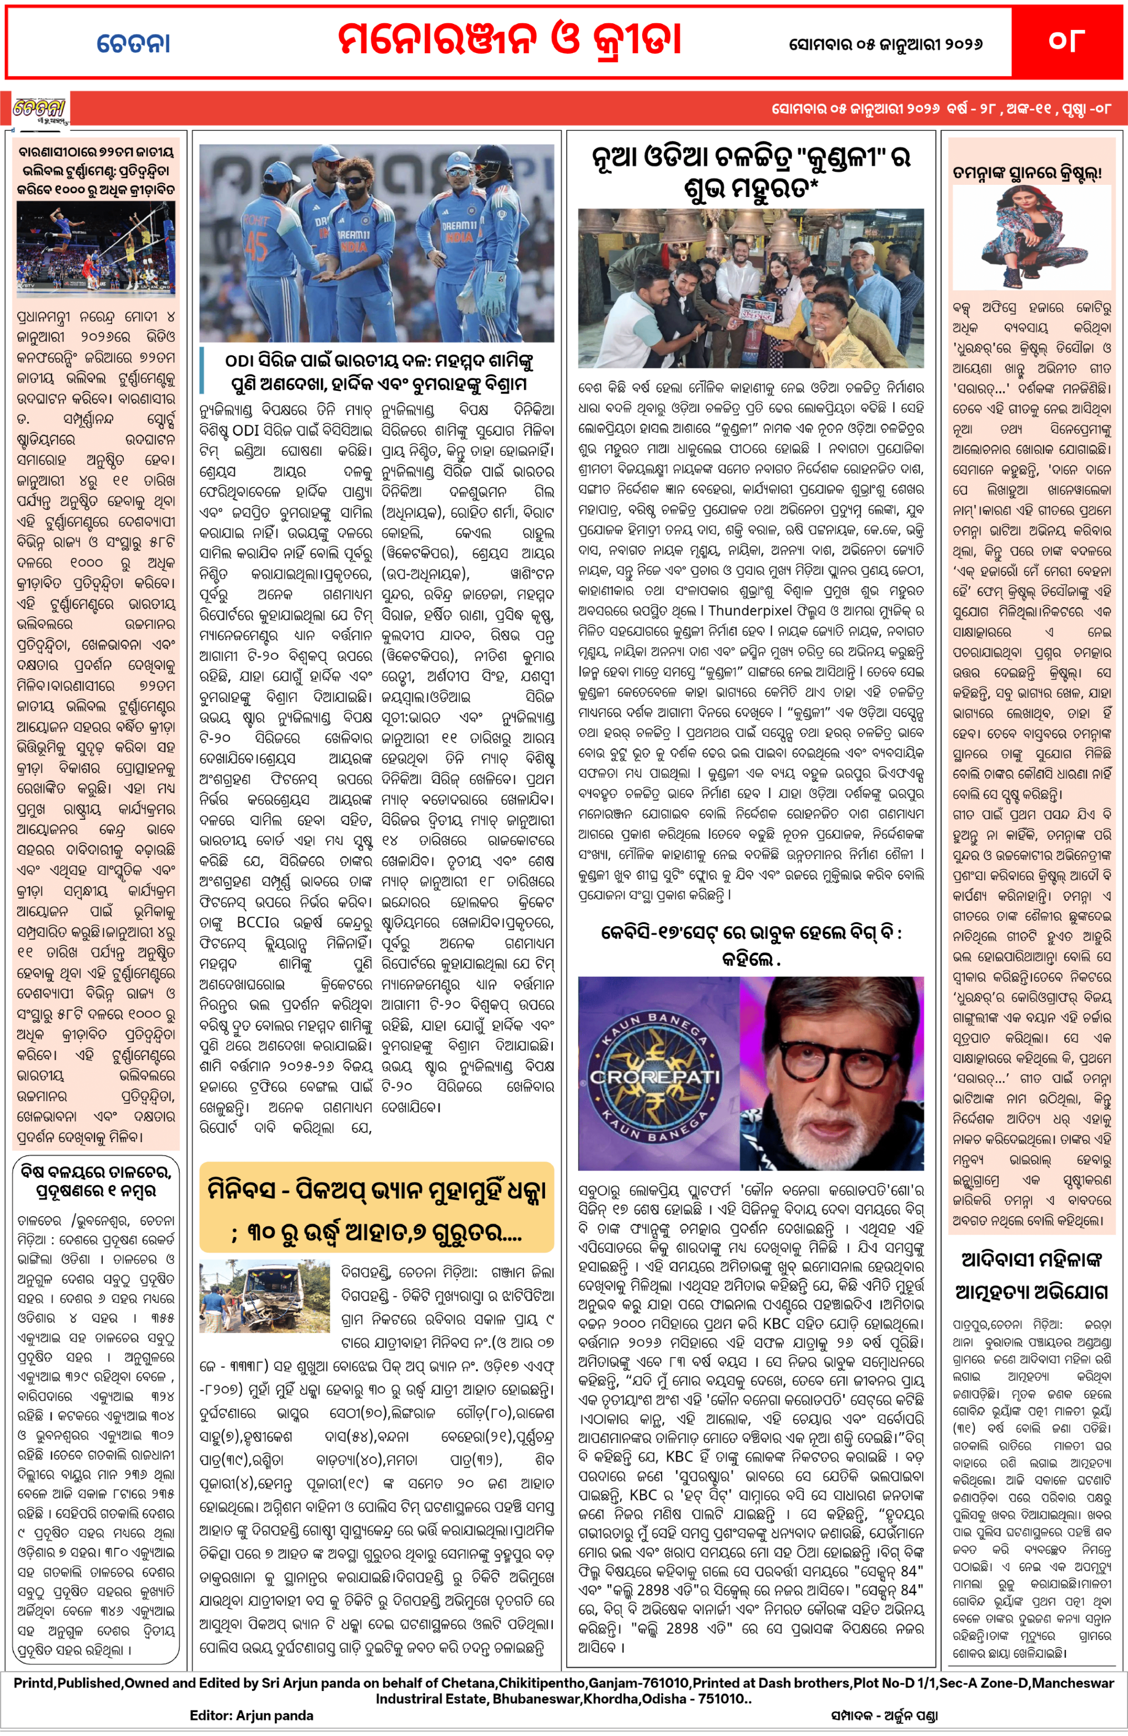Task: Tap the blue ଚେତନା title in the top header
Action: (x=134, y=43)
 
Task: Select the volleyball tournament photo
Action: (x=96, y=249)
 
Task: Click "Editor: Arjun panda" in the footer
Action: (x=251, y=1715)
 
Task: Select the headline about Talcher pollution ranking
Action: (x=96, y=1182)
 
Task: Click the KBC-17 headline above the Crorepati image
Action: (x=751, y=945)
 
